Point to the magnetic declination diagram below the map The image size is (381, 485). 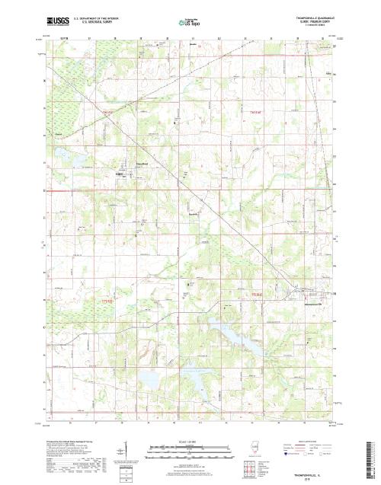click(x=122, y=457)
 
